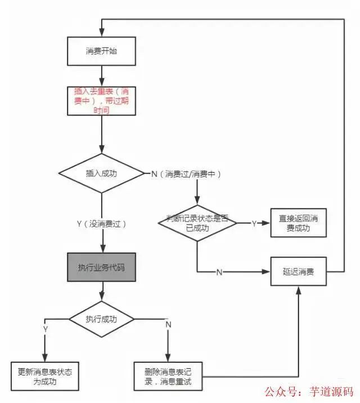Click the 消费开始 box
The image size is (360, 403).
point(101,51)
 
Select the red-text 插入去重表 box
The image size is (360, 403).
point(101,100)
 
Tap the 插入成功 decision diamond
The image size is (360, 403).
point(101,173)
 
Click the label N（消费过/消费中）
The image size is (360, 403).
point(186,174)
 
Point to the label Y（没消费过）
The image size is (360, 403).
point(101,223)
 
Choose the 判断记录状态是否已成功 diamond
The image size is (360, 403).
point(197,223)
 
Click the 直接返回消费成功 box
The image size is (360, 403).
point(298,223)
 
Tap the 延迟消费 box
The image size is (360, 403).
point(298,271)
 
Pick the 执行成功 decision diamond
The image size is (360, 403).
point(101,319)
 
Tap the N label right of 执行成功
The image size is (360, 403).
point(168,324)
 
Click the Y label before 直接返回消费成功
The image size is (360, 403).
point(254,223)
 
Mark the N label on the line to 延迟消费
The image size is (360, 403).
point(219,272)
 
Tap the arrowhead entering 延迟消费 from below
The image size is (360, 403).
point(298,288)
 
